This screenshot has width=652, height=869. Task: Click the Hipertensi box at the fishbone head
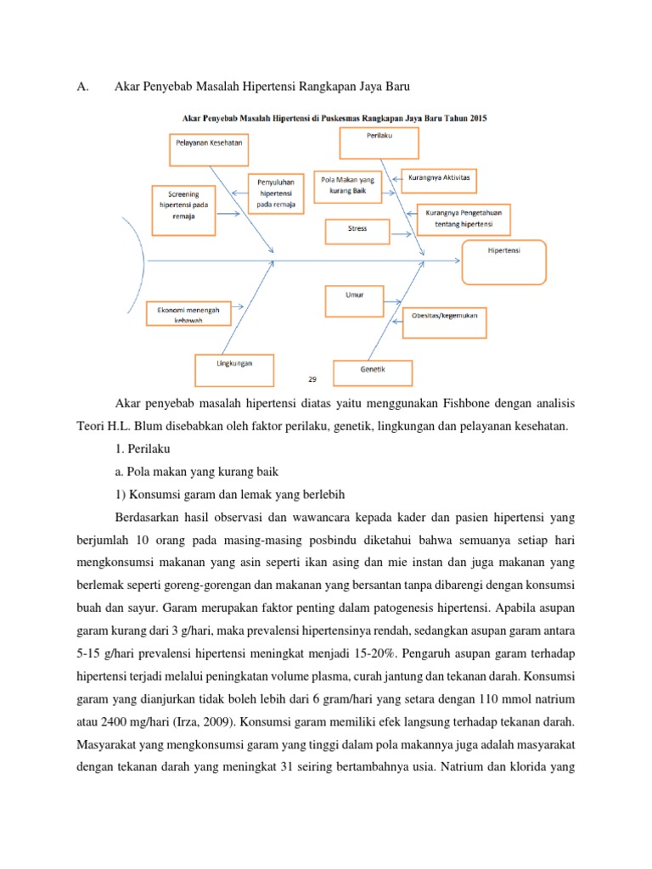[x=503, y=261]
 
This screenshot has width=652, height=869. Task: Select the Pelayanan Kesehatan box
[x=209, y=149]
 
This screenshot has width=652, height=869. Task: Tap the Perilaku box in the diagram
[x=379, y=142]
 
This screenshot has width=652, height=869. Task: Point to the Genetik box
[x=373, y=373]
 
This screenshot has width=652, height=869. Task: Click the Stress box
[x=357, y=230]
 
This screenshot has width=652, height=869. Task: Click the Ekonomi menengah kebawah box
[x=188, y=315]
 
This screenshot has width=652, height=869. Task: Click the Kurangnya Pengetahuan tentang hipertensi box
[x=463, y=220]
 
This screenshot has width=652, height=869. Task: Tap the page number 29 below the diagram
[x=311, y=380]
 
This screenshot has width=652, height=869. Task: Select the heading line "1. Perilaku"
[x=142, y=448]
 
